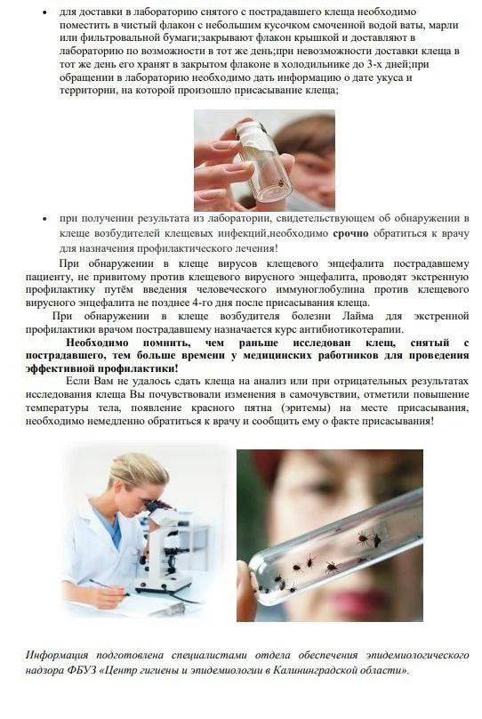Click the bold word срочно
350,233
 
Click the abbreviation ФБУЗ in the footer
82,670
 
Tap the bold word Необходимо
97,343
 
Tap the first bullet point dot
44,12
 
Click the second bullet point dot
44,219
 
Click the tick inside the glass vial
280,182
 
